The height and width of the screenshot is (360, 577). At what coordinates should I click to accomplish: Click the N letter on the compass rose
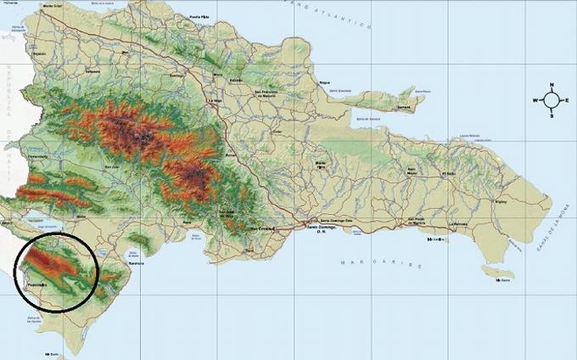coord(552,86)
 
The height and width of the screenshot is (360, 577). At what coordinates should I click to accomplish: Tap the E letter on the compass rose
coord(567,100)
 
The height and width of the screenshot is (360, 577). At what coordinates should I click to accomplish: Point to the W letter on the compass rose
coord(535,100)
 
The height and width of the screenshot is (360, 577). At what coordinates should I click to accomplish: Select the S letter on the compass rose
coord(552,115)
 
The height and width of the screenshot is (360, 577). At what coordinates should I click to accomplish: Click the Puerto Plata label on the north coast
coord(199,16)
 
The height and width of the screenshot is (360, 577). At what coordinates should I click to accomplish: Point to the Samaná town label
coord(404,108)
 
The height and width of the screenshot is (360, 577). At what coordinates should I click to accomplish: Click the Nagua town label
coord(324,82)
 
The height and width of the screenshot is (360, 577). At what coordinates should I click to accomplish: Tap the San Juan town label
coord(111,167)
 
